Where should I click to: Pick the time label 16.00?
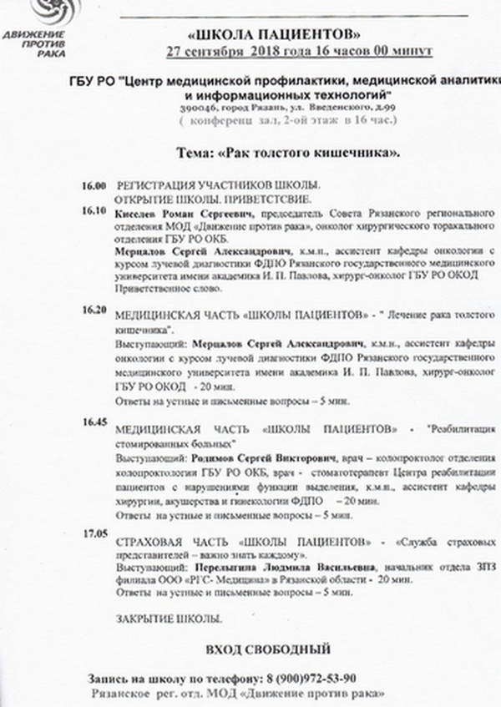(94, 184)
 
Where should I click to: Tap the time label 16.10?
(94, 210)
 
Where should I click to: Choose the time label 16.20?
(94, 309)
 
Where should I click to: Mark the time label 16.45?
(94, 422)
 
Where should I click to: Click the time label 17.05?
(94, 531)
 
